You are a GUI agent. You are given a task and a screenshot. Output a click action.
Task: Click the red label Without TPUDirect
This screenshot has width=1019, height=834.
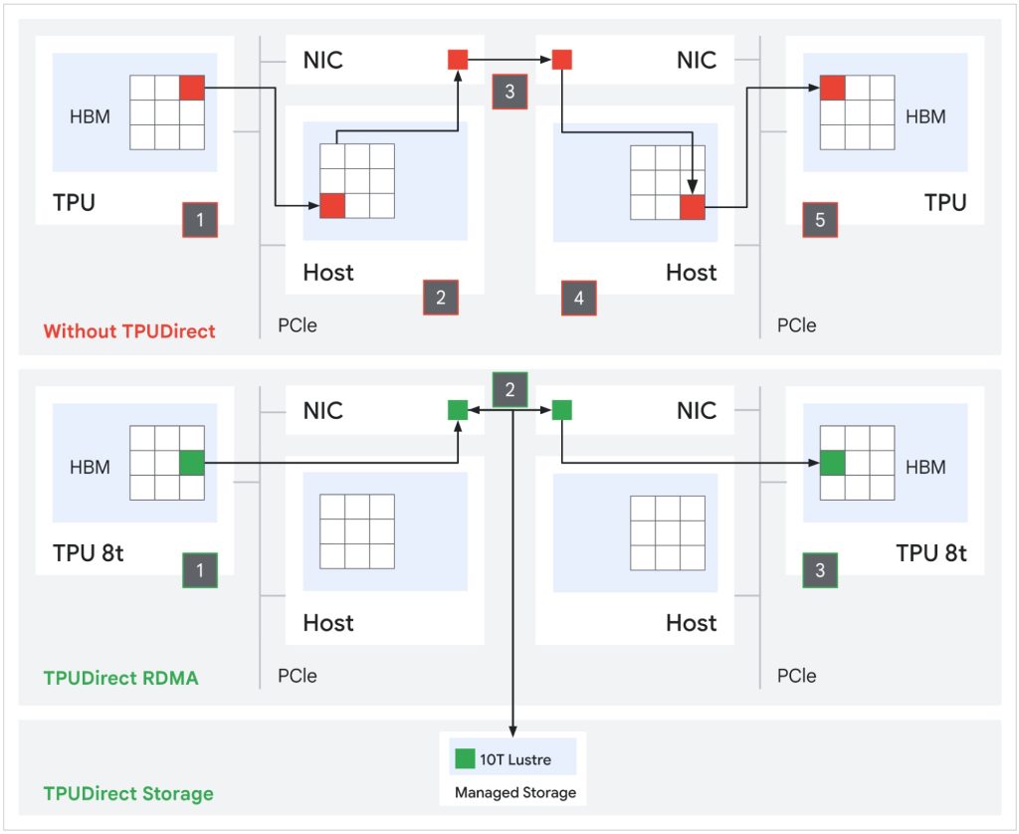coord(129,331)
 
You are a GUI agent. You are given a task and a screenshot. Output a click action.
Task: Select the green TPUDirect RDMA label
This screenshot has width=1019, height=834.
coord(120,678)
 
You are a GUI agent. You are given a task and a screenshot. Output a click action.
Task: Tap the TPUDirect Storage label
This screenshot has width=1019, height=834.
coord(128,793)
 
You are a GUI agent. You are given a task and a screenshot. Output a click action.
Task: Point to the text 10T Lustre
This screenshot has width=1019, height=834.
coord(516,759)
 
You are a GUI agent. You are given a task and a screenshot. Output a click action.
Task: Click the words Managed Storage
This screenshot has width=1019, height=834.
coord(515,793)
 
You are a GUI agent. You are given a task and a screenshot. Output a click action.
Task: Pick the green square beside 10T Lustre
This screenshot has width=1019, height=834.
coord(465,759)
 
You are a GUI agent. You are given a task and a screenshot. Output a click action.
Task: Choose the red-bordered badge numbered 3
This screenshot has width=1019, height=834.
coord(509,92)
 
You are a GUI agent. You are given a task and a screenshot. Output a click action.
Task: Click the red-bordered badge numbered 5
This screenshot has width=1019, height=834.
coord(820,220)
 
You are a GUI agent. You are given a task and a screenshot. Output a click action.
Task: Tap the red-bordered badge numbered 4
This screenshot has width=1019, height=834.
coord(578,298)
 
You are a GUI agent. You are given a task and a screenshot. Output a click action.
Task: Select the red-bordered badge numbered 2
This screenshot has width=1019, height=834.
coord(441,297)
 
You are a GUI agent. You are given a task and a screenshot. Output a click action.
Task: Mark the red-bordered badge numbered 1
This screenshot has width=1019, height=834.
coord(200,220)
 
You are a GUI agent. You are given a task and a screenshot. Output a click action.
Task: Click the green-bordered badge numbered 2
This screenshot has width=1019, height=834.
coord(509,389)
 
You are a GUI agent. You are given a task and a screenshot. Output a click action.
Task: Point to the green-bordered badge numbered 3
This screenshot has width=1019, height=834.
coord(820,570)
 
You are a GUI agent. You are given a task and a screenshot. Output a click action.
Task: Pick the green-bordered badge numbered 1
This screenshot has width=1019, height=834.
coord(200,570)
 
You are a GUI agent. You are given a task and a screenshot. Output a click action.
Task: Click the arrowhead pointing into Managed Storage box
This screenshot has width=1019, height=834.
coord(512,729)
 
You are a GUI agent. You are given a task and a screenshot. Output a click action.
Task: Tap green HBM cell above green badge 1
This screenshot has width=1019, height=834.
coord(192,463)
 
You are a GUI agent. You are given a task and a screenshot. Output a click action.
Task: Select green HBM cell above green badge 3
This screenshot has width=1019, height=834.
coord(832,463)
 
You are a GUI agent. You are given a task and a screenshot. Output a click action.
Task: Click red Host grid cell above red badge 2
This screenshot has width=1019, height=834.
coord(332,206)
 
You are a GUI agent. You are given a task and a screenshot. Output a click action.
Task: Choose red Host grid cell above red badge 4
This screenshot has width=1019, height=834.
coord(692,207)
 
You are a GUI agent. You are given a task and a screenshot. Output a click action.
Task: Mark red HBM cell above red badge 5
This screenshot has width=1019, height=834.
coord(832,88)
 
